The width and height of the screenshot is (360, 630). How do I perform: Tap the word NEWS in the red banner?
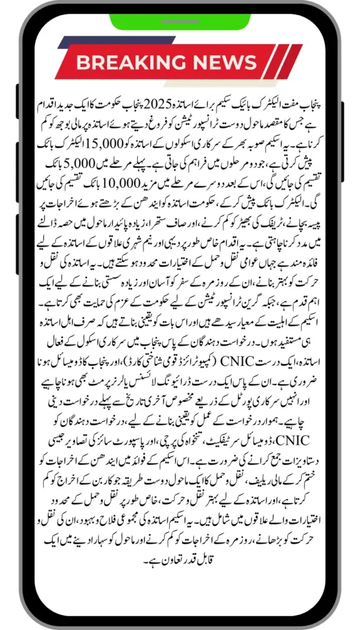225,62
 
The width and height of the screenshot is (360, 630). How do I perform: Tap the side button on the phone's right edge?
342,132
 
